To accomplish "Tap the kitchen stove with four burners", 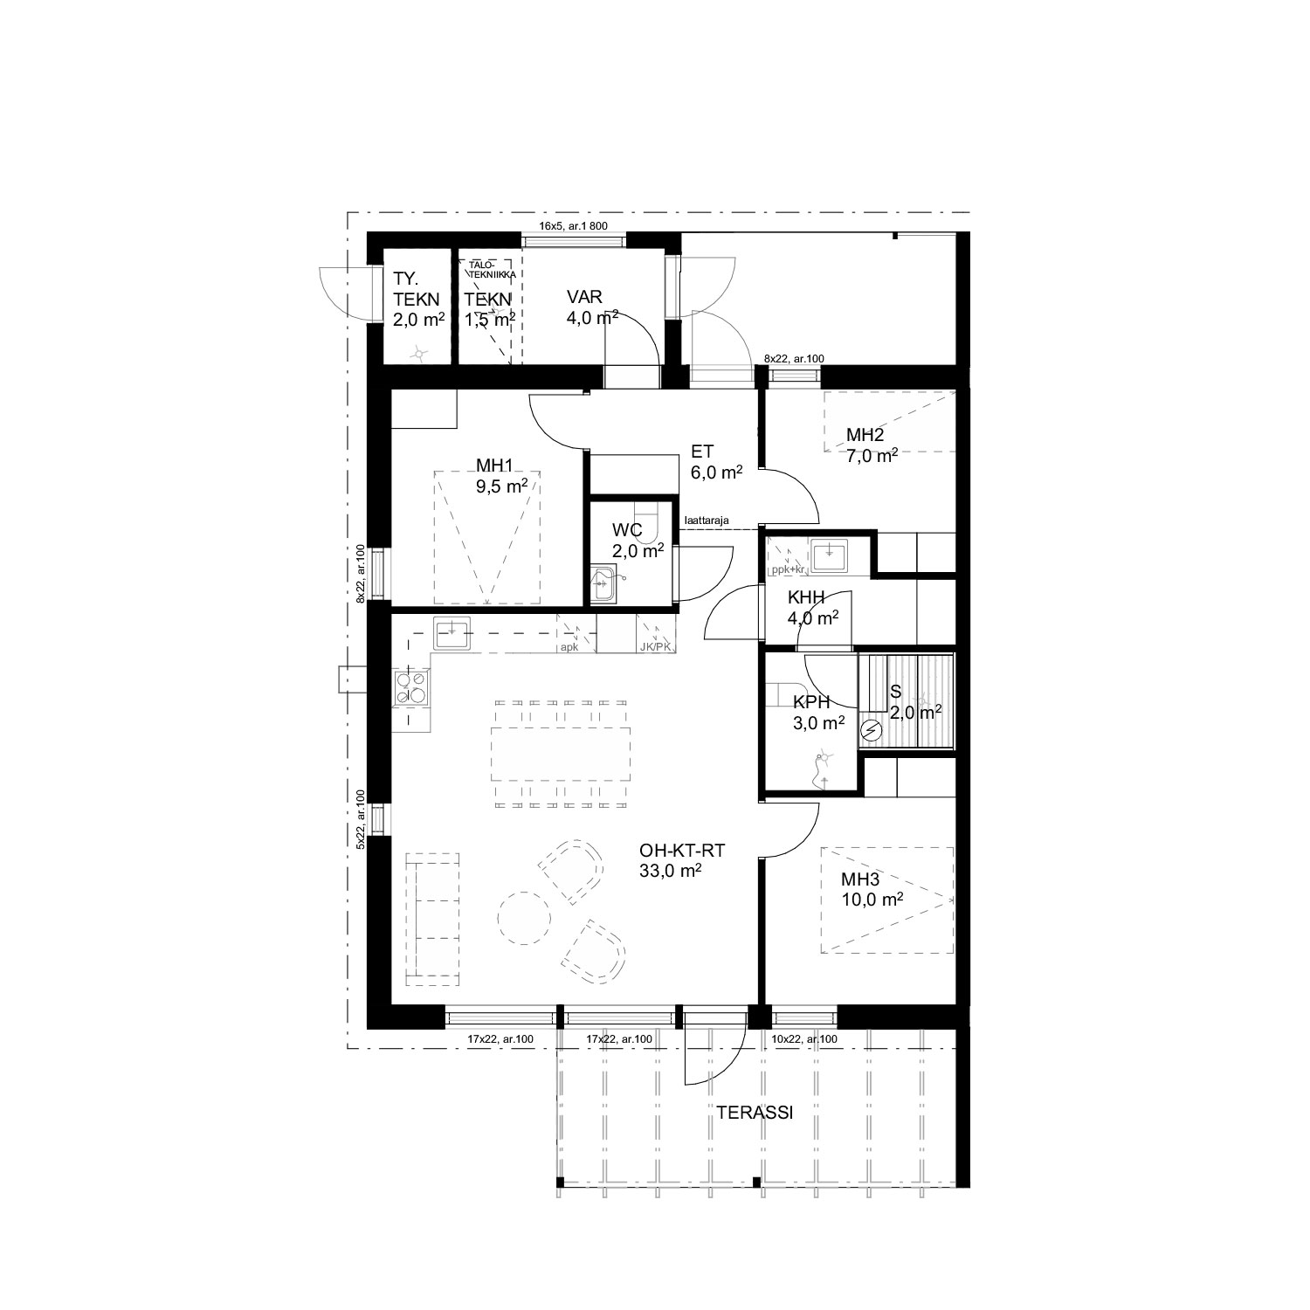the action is pyautogui.click(x=414, y=686).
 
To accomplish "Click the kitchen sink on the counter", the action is pyautogui.click(x=452, y=632).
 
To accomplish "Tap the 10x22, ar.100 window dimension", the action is pyautogui.click(x=804, y=1039).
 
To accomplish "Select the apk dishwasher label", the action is pyautogui.click(x=569, y=648).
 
